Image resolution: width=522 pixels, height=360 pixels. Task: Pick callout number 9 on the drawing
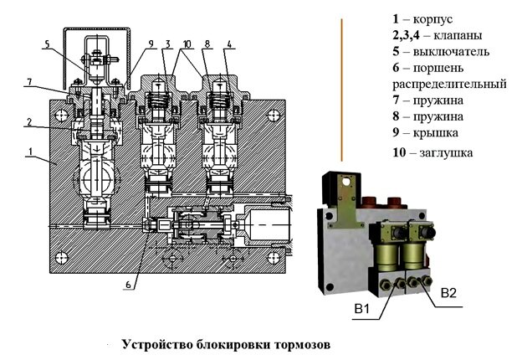tap(151, 43)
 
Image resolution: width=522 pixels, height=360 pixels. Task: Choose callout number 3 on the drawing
tap(168, 43)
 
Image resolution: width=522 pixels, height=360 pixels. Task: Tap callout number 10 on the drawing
tap(187, 43)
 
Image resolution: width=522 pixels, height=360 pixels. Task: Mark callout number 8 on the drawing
tap(207, 43)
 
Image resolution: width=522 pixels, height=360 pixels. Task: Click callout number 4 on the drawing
tap(229, 43)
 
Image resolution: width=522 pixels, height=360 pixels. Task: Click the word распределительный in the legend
tap(448, 84)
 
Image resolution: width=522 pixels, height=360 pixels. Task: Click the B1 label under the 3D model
tap(362, 311)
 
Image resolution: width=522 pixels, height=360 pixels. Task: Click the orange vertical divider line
tap(341, 88)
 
